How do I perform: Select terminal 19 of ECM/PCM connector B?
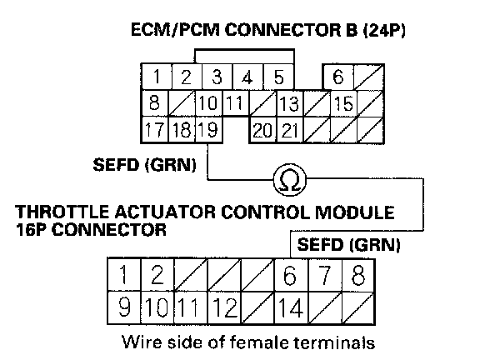coord(209,129)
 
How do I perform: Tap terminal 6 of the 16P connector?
coord(291,274)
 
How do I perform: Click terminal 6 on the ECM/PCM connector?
coord(338,77)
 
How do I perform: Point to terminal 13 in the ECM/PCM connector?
coord(290,103)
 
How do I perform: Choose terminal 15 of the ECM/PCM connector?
coord(343,103)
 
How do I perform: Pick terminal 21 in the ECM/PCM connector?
coord(290,129)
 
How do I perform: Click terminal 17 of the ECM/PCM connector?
coord(155,129)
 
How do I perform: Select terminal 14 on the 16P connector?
coord(291,307)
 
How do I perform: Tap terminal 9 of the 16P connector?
coord(124,307)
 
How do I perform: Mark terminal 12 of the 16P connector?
coord(224,307)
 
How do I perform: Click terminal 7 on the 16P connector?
coord(324,274)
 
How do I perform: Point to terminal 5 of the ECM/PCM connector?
coord(278,77)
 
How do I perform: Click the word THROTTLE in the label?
coord(62,212)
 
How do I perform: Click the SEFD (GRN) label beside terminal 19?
coord(144,165)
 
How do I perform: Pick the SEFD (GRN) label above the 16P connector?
coord(348,245)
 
